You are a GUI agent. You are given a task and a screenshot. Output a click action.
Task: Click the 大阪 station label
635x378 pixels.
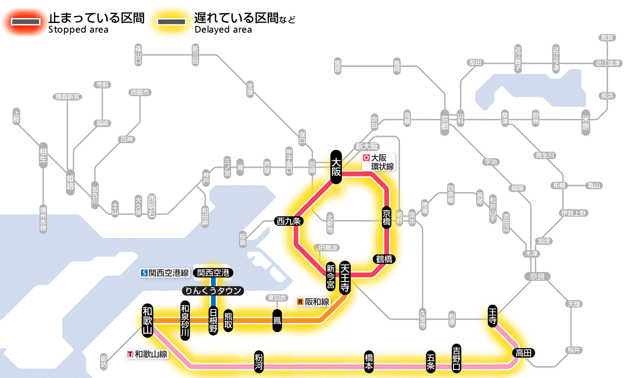336,167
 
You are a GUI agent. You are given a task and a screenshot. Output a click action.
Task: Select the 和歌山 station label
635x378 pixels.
147,320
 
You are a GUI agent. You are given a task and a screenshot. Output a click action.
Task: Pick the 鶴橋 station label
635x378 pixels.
384,259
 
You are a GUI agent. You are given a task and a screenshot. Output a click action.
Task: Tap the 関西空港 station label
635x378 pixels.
213,273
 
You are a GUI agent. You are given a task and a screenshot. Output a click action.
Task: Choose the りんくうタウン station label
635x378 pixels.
213,291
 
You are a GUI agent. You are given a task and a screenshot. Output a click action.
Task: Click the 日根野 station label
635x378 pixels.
213,320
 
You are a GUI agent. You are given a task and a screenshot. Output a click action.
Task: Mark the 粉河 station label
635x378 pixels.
259,361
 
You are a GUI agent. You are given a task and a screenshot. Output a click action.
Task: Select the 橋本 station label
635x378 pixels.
369,361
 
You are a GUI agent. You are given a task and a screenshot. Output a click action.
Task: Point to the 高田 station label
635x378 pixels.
524,353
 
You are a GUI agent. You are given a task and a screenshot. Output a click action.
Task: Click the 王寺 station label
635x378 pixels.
493,316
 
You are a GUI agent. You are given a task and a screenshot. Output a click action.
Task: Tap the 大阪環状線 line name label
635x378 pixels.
378,162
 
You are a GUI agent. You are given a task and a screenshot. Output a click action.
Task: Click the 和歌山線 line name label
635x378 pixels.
147,354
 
